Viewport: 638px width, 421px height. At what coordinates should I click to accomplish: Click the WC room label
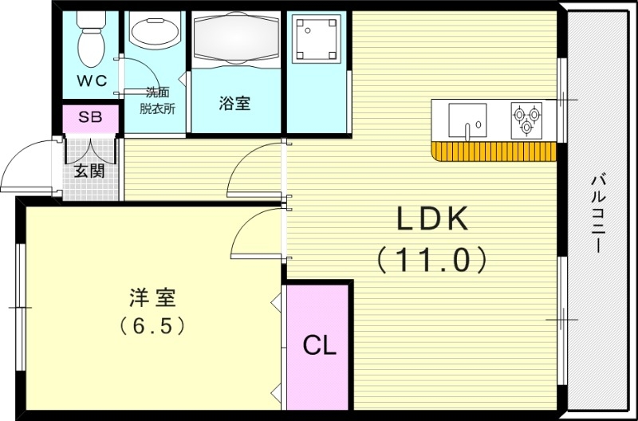tap(91, 81)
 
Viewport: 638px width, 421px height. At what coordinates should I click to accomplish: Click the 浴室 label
tap(235, 103)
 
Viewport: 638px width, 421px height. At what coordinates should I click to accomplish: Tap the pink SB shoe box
tap(90, 116)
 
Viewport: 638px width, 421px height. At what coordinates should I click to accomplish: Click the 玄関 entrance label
tap(89, 171)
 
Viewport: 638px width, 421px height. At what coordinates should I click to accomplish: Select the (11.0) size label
tap(431, 258)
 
